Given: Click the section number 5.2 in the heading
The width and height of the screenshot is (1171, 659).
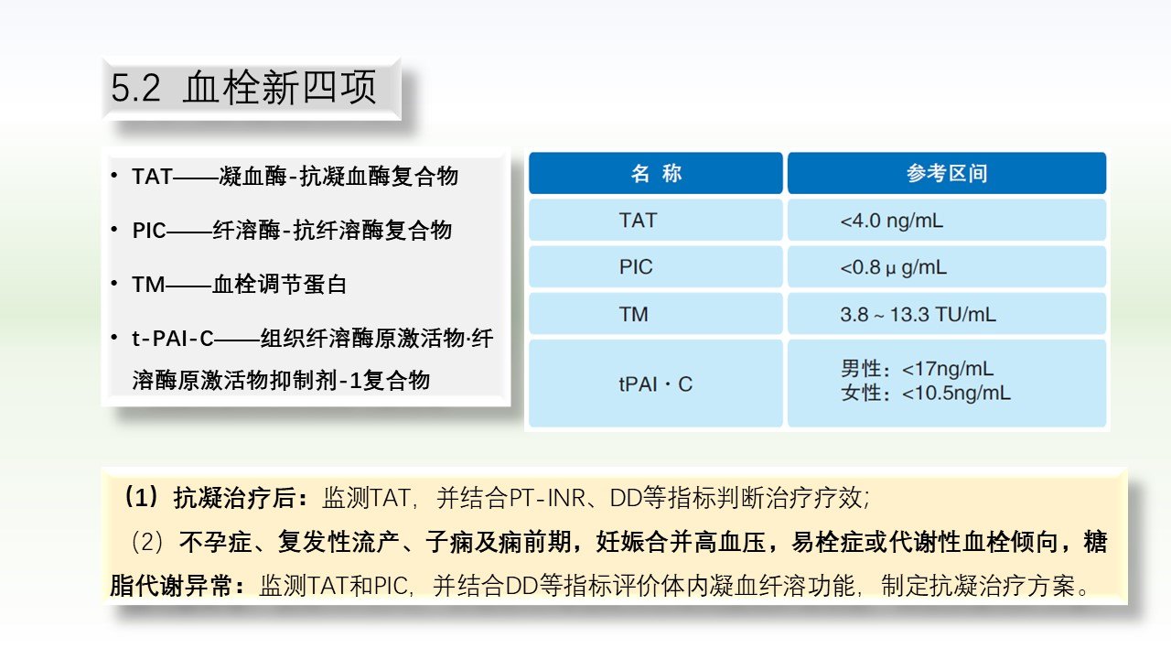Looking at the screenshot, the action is click(x=135, y=88).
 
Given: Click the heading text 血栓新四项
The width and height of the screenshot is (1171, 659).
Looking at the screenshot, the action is click(x=280, y=87).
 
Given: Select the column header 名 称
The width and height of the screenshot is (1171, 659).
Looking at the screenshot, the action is click(x=656, y=173).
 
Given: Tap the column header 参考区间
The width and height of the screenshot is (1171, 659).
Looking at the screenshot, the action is click(x=947, y=173).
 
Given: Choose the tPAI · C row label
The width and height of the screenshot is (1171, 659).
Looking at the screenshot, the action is click(x=656, y=384).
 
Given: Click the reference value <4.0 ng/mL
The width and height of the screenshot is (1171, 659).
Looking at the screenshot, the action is click(x=892, y=221).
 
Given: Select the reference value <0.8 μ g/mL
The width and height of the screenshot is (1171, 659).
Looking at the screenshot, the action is click(x=894, y=268).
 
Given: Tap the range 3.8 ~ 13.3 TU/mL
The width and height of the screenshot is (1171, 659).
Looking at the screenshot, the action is click(x=918, y=314).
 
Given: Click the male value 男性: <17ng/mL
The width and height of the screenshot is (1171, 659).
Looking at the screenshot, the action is click(x=917, y=369).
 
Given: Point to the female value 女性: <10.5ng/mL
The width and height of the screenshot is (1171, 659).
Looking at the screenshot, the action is click(x=926, y=393).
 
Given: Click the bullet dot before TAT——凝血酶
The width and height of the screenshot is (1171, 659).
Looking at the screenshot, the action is click(x=114, y=176).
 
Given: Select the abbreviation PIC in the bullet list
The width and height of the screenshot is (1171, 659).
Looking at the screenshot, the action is click(x=149, y=230).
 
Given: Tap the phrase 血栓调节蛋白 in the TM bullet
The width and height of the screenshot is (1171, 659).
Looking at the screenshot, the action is click(x=280, y=285).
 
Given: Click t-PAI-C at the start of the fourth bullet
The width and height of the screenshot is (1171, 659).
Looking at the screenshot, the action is click(x=173, y=339).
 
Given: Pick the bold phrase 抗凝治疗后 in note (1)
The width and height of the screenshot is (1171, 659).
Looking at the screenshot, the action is click(x=235, y=497).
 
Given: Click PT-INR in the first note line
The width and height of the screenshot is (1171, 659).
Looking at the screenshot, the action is click(x=547, y=498).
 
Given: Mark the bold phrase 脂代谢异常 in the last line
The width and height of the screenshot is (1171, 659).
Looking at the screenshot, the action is click(x=170, y=585).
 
